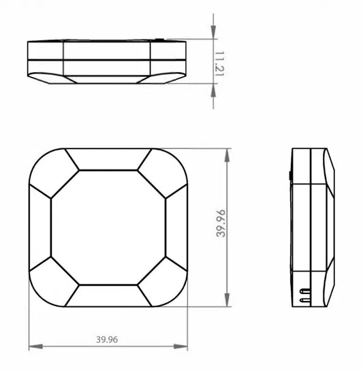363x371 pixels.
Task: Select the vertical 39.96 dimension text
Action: (220, 223)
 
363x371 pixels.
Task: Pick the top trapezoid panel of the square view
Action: (108, 159)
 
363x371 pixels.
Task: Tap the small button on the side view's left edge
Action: (290, 176)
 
